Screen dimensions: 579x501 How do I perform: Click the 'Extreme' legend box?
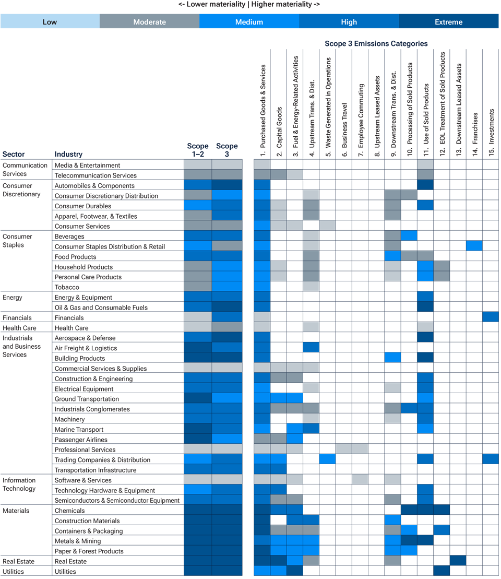click(448, 22)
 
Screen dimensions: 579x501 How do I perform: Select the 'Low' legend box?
click(50, 22)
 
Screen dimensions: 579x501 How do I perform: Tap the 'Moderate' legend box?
click(149, 22)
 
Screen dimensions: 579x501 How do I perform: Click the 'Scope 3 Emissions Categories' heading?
click(376, 44)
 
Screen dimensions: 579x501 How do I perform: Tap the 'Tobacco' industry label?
click(67, 287)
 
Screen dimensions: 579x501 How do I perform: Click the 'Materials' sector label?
click(16, 511)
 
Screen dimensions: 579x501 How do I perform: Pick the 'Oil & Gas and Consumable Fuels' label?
click(101, 308)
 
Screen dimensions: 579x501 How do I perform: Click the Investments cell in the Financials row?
click(491, 317)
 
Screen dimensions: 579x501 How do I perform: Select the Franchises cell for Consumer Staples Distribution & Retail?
click(474, 246)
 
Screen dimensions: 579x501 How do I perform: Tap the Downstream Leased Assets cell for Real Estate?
click(458, 561)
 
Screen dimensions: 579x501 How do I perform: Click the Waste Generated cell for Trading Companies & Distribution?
click(327, 459)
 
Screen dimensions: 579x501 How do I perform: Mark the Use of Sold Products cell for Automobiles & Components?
click(425, 185)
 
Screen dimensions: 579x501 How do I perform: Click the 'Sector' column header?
click(14, 154)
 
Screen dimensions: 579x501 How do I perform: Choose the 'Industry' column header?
click(68, 154)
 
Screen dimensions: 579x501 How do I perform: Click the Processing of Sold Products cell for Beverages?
click(409, 236)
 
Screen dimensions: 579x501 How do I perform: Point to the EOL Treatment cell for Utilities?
click(442, 571)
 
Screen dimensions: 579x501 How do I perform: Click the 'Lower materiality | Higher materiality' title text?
click(249, 4)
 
